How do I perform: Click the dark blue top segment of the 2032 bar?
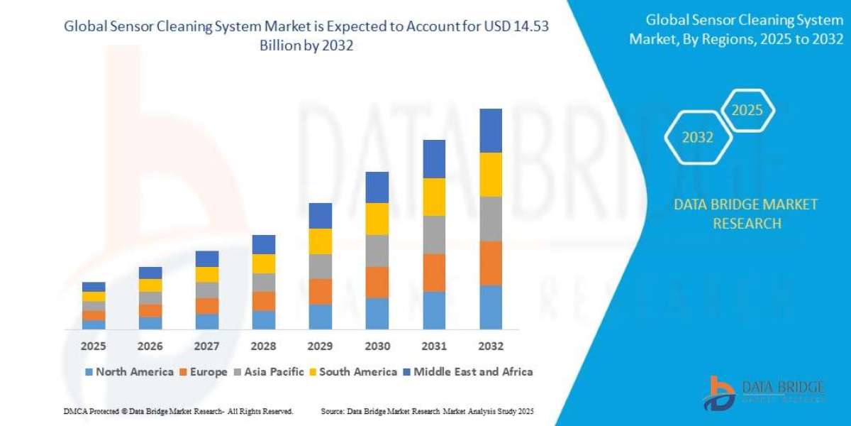(491, 131)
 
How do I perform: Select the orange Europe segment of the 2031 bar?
(434, 273)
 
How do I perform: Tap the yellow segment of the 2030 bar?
(377, 219)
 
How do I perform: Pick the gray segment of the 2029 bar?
(321, 266)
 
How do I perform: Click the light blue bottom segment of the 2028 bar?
(264, 320)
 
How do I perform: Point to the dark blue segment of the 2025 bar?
(94, 287)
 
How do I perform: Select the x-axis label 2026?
(150, 346)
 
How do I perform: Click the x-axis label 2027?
(207, 346)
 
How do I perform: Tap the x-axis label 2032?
(491, 346)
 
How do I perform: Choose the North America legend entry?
(129, 371)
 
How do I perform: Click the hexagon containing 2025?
(747, 111)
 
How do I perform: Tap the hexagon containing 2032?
(697, 138)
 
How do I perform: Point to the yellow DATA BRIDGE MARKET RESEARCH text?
(745, 214)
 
